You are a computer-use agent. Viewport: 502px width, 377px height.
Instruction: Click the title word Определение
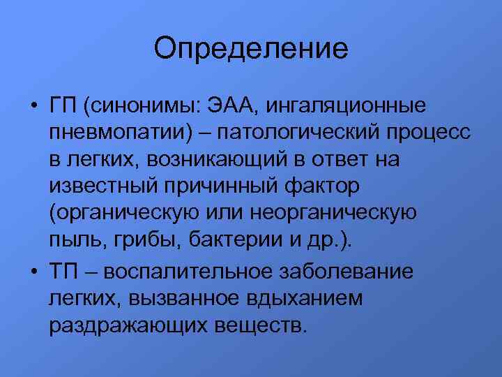point(251,49)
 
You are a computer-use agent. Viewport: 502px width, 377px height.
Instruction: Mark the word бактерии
point(231,239)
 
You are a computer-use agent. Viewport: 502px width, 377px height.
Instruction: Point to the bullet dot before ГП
point(33,108)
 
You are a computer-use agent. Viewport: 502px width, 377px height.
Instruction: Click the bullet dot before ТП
point(33,269)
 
